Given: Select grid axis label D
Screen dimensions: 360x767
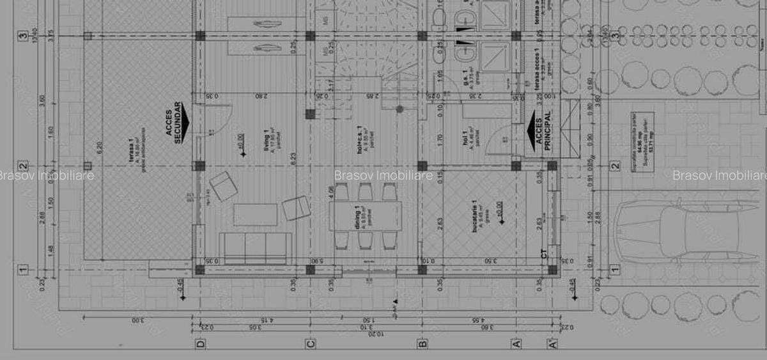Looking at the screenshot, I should click(x=201, y=343).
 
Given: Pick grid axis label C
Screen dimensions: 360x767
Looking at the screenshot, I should click(x=311, y=343).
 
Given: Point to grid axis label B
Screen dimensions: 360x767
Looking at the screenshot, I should click(x=422, y=343).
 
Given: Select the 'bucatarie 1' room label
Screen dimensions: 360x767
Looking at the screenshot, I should click(x=474, y=218).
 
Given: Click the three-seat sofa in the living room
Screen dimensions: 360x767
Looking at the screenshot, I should click(x=255, y=248).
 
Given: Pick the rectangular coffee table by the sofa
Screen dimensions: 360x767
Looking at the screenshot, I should click(x=255, y=214).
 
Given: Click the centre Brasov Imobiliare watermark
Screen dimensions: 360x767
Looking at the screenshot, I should click(x=383, y=175).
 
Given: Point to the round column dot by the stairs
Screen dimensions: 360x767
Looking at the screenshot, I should click(x=400, y=109).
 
